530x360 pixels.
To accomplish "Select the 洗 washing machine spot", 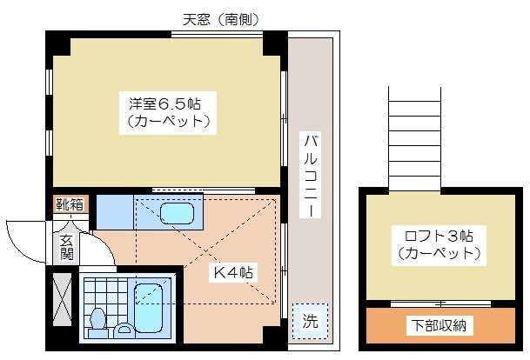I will coord(310,320).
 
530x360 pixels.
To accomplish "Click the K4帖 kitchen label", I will coord(234,272).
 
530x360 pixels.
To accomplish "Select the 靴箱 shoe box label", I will coord(70,205).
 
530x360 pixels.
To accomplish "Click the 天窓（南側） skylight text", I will coord(221,17).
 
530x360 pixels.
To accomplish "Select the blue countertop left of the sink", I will coord(114,210).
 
